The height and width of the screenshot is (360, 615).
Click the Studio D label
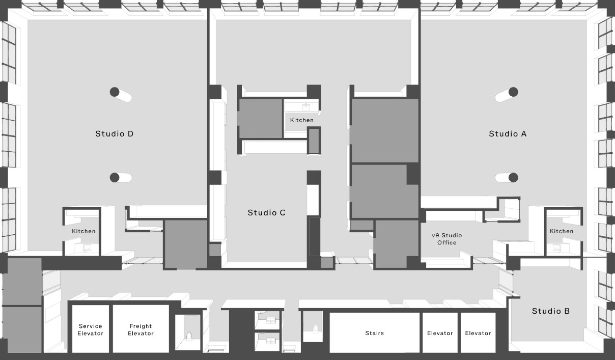click(114, 134)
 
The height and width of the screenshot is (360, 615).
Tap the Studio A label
click(508, 134)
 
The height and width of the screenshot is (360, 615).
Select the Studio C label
click(267, 212)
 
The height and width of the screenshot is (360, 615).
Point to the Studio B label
click(551, 311)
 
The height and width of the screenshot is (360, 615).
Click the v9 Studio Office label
click(446, 239)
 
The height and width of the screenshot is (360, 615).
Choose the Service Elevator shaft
click(90, 329)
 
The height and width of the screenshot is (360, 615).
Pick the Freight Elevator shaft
click(141, 329)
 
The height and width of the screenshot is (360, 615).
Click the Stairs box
click(375, 333)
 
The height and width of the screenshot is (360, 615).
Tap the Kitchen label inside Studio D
click(83, 231)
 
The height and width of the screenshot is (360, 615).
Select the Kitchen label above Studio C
click(302, 120)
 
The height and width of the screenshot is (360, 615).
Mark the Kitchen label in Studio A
click(562, 231)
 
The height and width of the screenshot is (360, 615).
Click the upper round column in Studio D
click(115, 92)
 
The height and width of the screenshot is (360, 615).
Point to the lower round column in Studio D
click(115, 177)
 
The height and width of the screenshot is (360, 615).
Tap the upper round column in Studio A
click(513, 92)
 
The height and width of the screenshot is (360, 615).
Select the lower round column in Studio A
click(513, 177)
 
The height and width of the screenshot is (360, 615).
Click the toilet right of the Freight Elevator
click(189, 336)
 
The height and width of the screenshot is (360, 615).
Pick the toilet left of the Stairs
click(316, 329)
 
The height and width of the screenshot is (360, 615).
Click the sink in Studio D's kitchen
click(87, 248)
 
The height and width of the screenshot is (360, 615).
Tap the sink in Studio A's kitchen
click(557, 248)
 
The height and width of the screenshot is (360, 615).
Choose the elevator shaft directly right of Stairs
click(440, 333)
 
